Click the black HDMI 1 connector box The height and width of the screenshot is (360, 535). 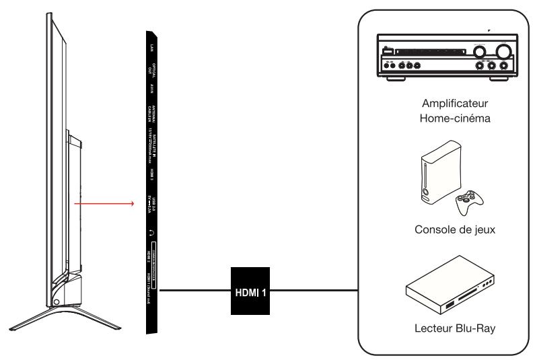[x=252, y=291]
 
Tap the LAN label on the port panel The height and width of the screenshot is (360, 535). [x=152, y=46]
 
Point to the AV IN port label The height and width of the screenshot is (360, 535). [x=152, y=89]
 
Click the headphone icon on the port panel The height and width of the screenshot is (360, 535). [x=152, y=231]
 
